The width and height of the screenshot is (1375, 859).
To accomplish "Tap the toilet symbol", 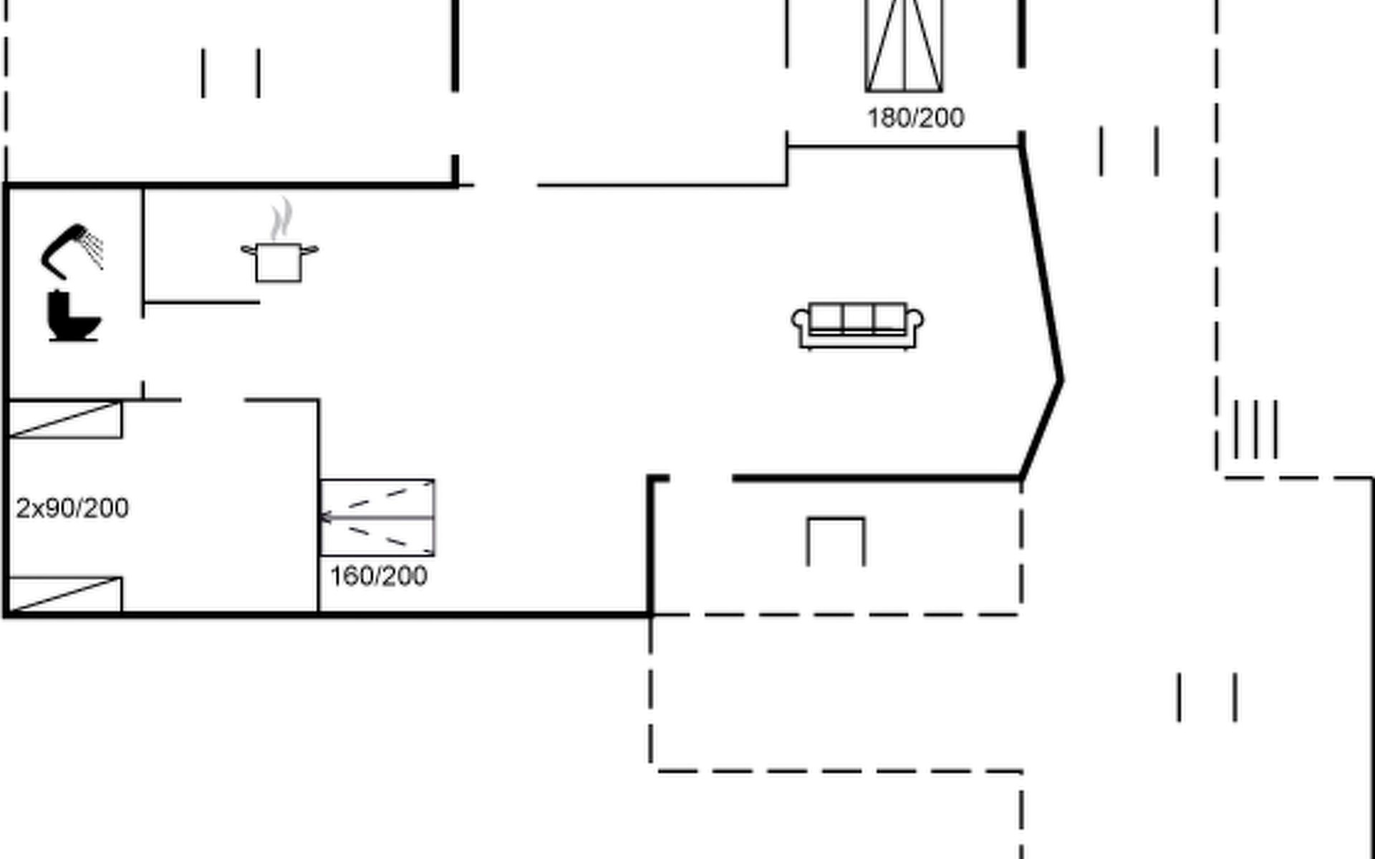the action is click(x=73, y=316).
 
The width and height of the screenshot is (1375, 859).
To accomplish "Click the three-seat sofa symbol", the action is click(x=857, y=326).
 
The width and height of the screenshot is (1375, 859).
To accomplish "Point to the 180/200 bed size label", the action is click(x=916, y=118).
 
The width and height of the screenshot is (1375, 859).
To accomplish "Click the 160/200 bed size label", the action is click(x=379, y=576).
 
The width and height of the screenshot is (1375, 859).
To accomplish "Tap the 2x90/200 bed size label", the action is click(x=72, y=508).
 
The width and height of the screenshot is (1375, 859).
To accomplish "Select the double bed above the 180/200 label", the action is click(x=904, y=46).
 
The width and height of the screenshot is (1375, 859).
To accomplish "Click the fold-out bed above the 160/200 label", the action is click(x=377, y=518).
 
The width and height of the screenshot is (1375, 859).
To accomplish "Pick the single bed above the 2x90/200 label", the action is click(x=64, y=419).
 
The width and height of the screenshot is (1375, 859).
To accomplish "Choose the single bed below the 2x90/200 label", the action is click(x=64, y=595).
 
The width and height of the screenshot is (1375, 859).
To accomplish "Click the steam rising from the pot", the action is click(x=281, y=219).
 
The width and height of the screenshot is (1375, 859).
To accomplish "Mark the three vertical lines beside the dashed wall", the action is click(x=1255, y=429).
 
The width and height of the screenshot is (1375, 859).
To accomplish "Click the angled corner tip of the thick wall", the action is click(x=1061, y=379).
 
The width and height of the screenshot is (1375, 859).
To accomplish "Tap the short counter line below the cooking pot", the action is click(x=201, y=303).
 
